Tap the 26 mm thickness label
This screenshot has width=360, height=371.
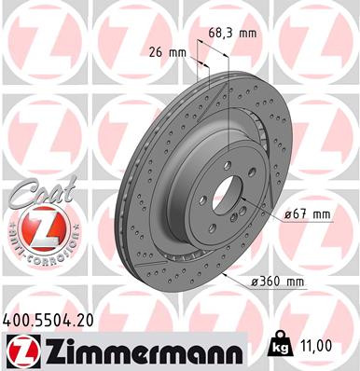point(168,52)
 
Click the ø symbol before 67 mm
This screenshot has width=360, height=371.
point(288,215)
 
